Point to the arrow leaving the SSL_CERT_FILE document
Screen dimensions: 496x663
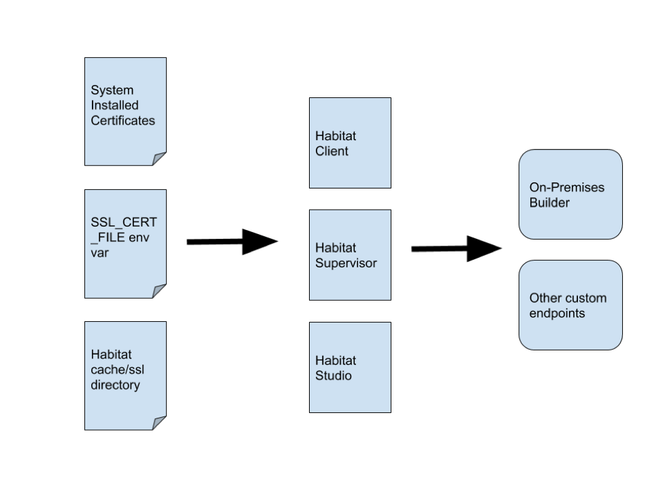pos(231,242)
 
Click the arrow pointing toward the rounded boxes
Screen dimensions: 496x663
pos(456,248)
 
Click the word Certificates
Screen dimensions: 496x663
pos(123,120)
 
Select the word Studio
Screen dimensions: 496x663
pos(334,376)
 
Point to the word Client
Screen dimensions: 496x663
pos(332,151)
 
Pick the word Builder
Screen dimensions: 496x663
pos(549,203)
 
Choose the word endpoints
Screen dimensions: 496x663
pos(557,314)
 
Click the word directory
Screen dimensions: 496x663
pos(115,385)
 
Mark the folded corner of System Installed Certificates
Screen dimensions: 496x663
pos(159,159)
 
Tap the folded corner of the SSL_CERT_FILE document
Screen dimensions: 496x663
pos(159,291)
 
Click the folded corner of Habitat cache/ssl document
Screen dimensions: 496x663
pos(159,423)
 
